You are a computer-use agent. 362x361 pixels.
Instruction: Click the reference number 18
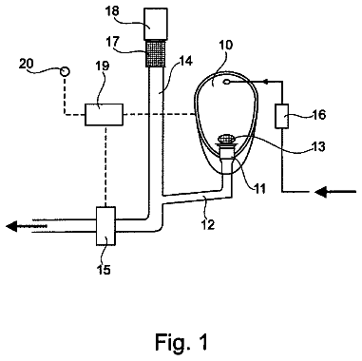point(112,10)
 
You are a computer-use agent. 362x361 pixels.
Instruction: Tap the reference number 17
point(112,42)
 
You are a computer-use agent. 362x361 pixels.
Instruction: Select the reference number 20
point(26,64)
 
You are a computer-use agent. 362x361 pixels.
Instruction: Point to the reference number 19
point(102,66)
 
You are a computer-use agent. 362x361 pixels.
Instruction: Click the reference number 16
point(319,114)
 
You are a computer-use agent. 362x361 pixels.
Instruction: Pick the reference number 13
point(318,146)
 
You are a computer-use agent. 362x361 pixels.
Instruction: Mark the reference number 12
point(208,224)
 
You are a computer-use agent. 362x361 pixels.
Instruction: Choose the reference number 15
point(104,270)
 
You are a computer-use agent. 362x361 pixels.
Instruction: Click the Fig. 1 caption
point(182,342)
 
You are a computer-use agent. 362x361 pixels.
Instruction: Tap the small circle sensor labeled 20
point(66,71)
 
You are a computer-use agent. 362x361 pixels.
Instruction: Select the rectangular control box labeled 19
point(104,115)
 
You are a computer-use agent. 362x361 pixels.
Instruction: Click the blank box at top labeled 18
point(156,24)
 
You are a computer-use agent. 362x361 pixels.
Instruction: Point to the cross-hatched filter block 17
point(156,54)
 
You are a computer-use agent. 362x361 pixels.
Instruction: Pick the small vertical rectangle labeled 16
point(281,116)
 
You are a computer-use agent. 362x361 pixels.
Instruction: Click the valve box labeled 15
point(105,226)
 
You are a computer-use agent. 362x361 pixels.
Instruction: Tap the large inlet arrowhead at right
point(321,192)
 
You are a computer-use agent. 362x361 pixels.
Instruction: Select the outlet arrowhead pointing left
point(11,226)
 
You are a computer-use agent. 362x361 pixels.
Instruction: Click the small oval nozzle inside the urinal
point(227,83)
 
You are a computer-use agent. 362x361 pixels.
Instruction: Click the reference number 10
point(225,45)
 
